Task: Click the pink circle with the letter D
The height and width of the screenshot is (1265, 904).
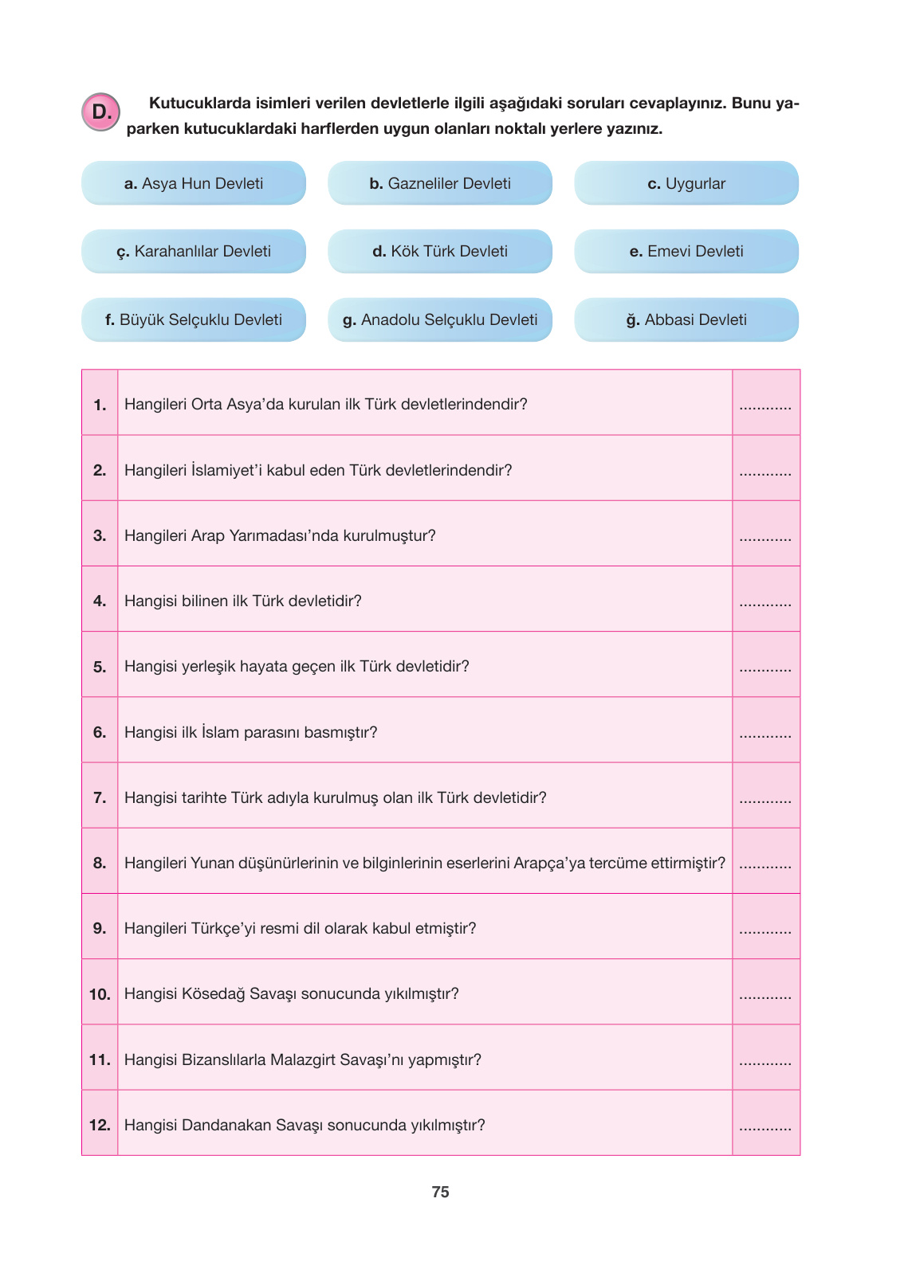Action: (x=100, y=112)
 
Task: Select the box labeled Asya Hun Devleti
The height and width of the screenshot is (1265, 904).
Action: (x=194, y=183)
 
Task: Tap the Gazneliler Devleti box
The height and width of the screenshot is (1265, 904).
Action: (x=440, y=183)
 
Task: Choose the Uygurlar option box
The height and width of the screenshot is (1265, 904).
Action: (x=686, y=183)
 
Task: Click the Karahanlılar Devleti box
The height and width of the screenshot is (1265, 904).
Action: (x=194, y=252)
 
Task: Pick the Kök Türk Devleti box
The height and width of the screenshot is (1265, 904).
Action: (x=440, y=252)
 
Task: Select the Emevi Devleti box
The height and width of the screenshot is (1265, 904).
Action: (x=686, y=252)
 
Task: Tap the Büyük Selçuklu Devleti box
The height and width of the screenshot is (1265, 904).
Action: (x=194, y=320)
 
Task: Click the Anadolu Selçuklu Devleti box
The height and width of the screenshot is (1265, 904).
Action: (x=440, y=320)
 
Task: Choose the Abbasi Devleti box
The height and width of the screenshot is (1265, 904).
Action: (x=686, y=320)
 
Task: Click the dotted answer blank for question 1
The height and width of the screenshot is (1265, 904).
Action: (x=765, y=407)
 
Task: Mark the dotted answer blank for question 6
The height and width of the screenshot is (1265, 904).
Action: (x=765, y=734)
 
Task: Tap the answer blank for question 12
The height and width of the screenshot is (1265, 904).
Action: (x=765, y=1127)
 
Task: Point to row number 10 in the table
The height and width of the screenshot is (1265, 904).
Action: (x=100, y=994)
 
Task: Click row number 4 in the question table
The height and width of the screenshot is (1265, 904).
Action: (x=100, y=601)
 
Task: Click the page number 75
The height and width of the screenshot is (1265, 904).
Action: (x=440, y=1193)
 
